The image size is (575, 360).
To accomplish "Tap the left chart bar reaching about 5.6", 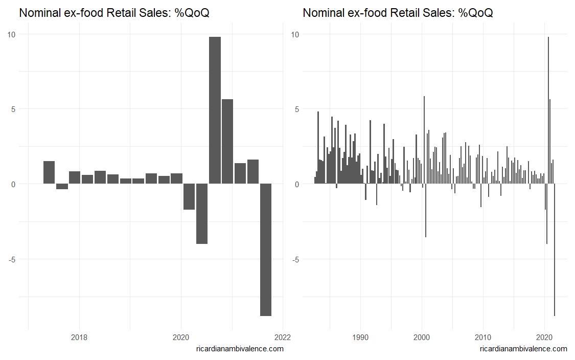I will (x=227, y=141).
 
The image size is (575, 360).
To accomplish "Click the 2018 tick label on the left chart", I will (x=79, y=337).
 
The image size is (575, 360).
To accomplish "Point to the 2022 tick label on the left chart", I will (x=283, y=337).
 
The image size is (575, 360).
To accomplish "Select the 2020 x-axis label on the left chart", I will (x=181, y=337).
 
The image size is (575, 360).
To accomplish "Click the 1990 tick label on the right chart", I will (x=361, y=337).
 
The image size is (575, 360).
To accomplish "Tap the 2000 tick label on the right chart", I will (x=422, y=337).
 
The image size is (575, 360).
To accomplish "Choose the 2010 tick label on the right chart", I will (x=483, y=337).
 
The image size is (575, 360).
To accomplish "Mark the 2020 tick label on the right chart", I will (x=544, y=337).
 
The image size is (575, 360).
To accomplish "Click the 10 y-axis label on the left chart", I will (x=11, y=34).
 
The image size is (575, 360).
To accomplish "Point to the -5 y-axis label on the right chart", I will (x=295, y=259).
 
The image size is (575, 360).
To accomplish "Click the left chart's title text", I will (x=114, y=13).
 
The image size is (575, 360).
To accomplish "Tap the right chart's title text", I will (x=398, y=13).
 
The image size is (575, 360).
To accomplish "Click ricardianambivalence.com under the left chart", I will (x=239, y=349).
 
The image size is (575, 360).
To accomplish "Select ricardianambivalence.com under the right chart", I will (x=523, y=349).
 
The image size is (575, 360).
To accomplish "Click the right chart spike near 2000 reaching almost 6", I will (x=424, y=138).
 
